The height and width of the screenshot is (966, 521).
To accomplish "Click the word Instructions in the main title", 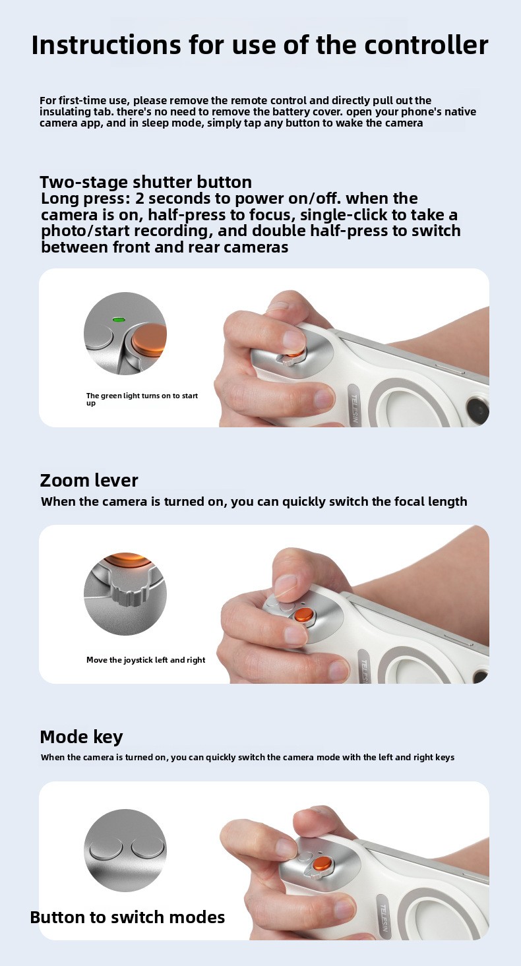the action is (106, 45).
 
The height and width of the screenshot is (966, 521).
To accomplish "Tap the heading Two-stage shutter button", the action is (146, 182).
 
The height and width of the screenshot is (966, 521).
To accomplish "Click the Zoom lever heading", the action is (89, 481).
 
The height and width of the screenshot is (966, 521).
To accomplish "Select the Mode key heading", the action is (81, 737).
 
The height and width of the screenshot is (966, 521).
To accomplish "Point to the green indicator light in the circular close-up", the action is (118, 320).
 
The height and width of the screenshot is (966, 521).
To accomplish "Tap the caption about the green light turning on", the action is (142, 399).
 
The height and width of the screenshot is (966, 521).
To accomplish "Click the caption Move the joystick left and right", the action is (146, 660).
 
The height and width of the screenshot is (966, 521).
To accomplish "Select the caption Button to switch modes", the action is (127, 917).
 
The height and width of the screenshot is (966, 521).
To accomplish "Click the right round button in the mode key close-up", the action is (148, 848).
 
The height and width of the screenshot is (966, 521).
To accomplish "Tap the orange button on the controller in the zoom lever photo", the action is (305, 615).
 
